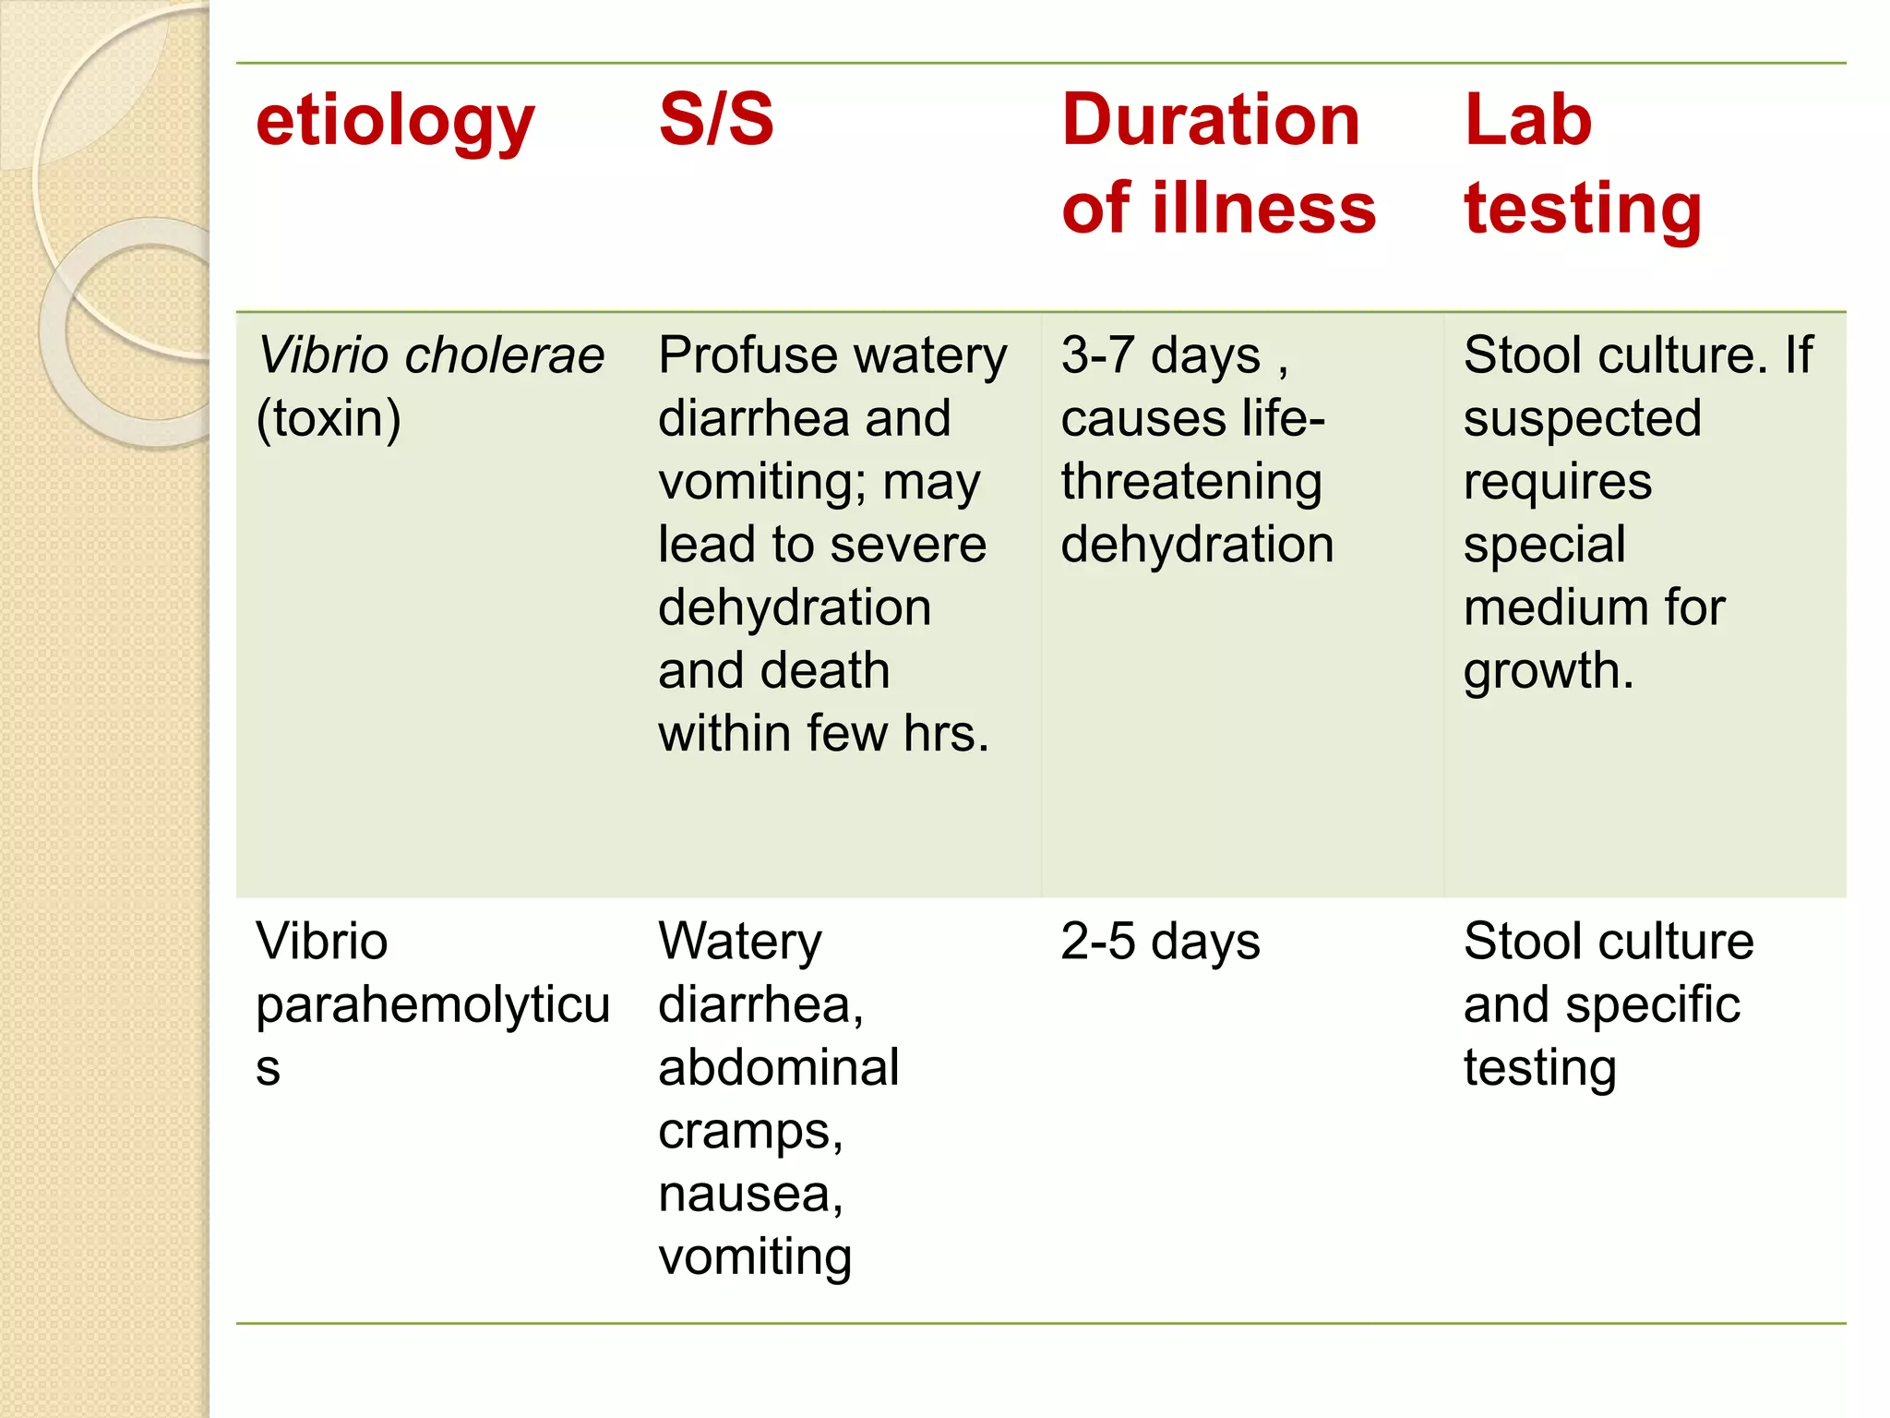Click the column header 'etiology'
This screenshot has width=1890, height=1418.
pyautogui.click(x=395, y=123)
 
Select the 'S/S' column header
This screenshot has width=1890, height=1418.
pyautogui.click(x=716, y=120)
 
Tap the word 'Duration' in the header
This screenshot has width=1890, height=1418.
pyautogui.click(x=1211, y=120)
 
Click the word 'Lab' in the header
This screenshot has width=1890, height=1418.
pyautogui.click(x=1528, y=120)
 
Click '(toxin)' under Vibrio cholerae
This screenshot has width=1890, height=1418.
pyautogui.click(x=329, y=419)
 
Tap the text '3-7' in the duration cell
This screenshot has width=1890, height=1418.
pyautogui.click(x=1096, y=355)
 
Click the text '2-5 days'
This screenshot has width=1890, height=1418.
pyautogui.click(x=1160, y=943)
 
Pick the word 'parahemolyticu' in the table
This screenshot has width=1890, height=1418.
pyautogui.click(x=433, y=1005)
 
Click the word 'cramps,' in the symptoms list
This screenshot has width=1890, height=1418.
pyautogui.click(x=750, y=1132)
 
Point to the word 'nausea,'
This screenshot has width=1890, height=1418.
pyautogui.click(x=750, y=1195)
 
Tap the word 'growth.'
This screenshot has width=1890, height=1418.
pyautogui.click(x=1549, y=671)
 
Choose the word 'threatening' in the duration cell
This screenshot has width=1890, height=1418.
pyautogui.click(x=1191, y=482)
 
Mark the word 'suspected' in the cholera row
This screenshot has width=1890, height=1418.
pyautogui.click(x=1583, y=419)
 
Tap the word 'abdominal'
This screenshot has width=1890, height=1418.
pyautogui.click(x=779, y=1068)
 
